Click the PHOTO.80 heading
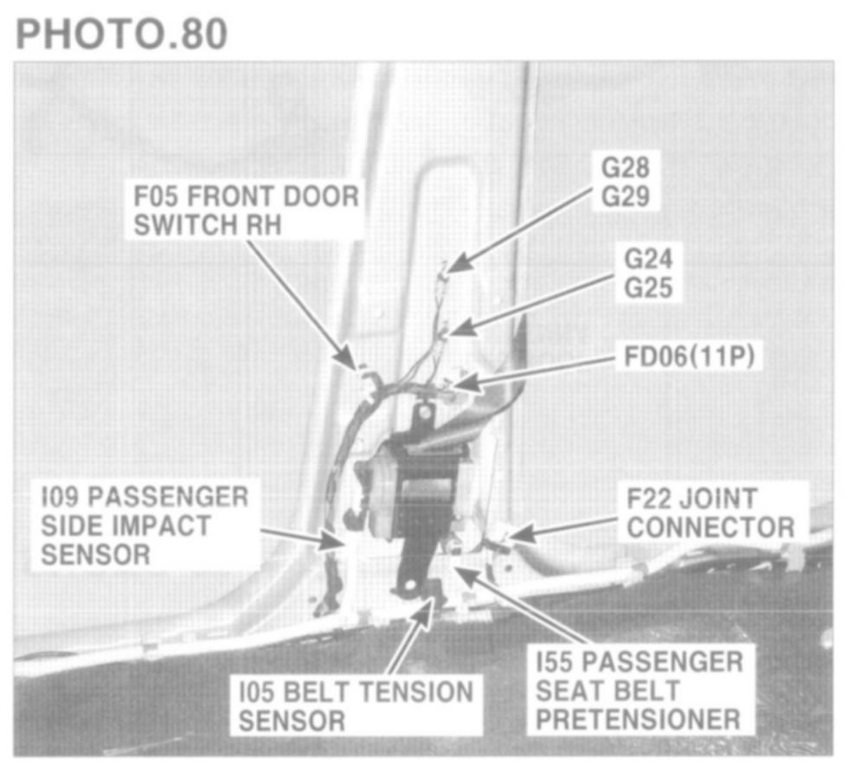coord(121,33)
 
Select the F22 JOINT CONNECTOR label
coord(710,512)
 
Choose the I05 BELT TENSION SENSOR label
coord(356,705)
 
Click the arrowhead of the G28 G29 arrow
coord(454,263)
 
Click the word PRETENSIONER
coord(639,719)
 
